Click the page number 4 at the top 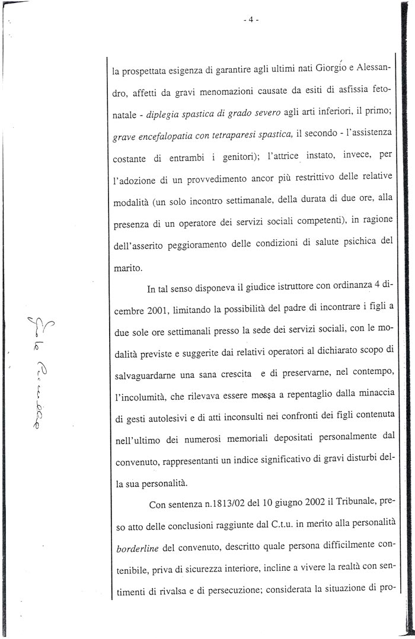pyautogui.click(x=251, y=19)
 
